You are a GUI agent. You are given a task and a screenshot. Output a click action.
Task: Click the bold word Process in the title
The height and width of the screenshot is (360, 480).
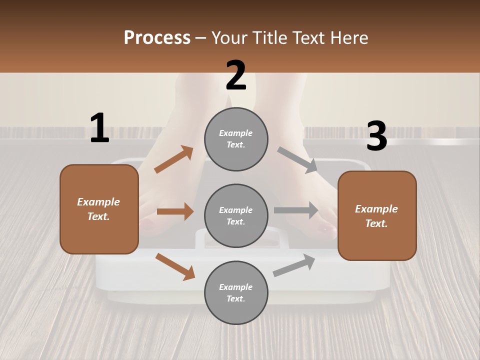click(x=157, y=38)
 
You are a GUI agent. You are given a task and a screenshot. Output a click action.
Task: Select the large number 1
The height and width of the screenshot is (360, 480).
click(x=99, y=128)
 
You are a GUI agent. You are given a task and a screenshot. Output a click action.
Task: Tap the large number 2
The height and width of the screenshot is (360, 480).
click(x=236, y=75)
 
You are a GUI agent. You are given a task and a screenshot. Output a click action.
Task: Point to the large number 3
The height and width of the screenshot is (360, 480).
click(x=376, y=136)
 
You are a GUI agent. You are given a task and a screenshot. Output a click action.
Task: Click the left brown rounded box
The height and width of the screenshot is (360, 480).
click(x=99, y=209)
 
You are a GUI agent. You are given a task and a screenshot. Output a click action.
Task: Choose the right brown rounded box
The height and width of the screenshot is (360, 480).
click(x=377, y=216)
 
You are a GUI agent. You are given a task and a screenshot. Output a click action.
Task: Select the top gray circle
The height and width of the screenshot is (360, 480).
click(x=236, y=139)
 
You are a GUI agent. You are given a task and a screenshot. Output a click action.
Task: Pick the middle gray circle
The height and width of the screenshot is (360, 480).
click(x=236, y=216)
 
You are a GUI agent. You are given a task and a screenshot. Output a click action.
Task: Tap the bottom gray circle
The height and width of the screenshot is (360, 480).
click(x=236, y=293)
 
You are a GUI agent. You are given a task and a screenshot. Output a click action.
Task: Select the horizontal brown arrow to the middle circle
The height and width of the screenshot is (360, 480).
click(x=175, y=211)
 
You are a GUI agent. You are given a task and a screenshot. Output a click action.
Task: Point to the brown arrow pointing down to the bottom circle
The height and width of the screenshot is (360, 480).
click(x=175, y=266)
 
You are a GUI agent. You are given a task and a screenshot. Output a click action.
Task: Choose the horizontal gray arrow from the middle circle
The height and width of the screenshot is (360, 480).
click(x=296, y=210)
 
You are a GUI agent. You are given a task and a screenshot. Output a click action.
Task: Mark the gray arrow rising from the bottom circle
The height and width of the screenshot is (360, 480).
click(x=294, y=265)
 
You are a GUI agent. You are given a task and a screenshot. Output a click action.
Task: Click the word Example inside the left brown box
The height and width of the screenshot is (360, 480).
click(x=98, y=202)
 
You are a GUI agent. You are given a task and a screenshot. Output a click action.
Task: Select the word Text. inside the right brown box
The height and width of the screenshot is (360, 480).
click(x=376, y=223)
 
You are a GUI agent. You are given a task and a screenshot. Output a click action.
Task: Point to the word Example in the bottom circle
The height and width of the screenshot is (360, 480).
click(x=235, y=287)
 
